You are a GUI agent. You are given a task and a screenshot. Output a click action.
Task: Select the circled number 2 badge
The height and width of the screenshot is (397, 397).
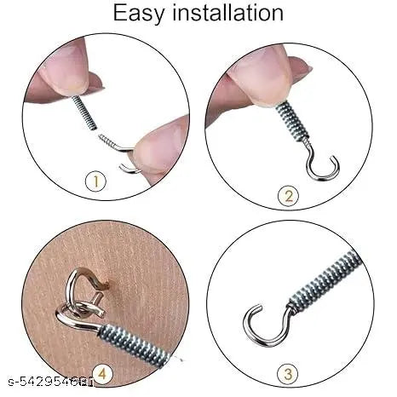290,196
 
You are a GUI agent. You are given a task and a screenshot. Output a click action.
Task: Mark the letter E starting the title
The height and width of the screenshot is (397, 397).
123,14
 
